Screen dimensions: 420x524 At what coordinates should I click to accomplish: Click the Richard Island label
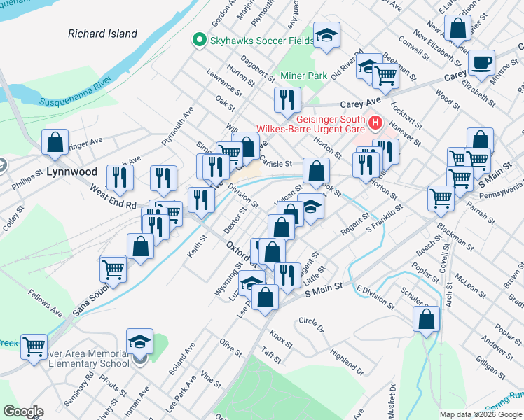tap(102, 33)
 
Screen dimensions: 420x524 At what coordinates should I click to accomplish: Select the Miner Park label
tap(303, 76)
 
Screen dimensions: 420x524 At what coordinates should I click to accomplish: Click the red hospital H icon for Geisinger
tap(375, 123)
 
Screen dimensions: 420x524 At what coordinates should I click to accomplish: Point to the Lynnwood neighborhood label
tap(72, 171)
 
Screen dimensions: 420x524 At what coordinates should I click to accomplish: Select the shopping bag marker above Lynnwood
tap(55, 142)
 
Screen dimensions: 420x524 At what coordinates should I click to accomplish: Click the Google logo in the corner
tap(23, 412)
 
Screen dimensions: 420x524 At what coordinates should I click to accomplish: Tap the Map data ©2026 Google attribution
tap(481, 414)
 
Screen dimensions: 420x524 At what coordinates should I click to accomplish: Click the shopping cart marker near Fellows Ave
tap(34, 346)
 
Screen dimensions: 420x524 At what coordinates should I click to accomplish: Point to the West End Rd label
tap(112, 197)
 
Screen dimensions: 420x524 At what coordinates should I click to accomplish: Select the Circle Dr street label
tap(312, 325)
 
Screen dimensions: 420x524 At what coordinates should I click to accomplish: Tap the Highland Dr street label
tap(348, 363)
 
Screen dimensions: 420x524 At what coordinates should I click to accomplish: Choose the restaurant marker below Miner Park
tap(287, 100)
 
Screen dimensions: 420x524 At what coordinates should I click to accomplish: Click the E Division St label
tap(375, 297)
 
